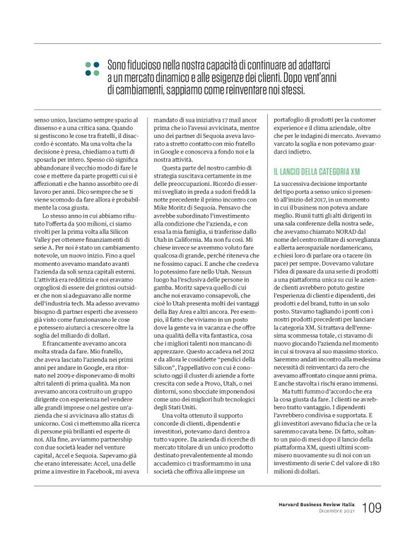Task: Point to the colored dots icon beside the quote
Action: point(91,67)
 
